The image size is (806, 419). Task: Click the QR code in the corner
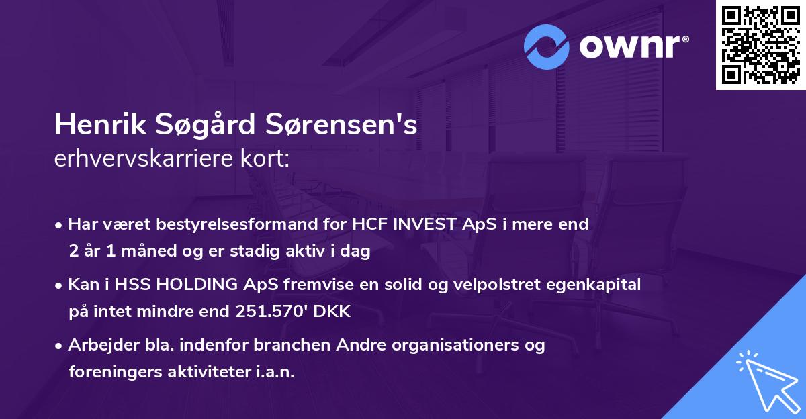[x=760, y=45]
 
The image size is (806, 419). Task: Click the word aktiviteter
[x=210, y=372]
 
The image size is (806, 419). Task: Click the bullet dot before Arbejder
[x=60, y=346]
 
